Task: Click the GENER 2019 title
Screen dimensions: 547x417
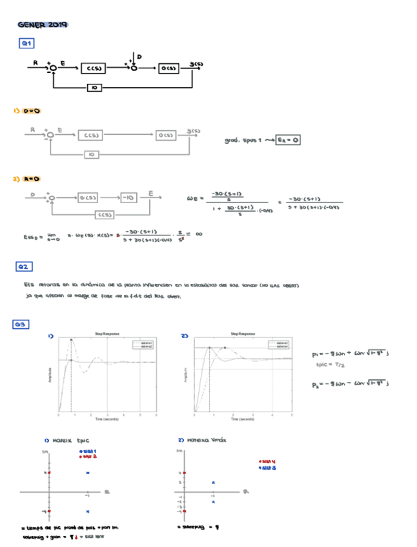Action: click(x=43, y=25)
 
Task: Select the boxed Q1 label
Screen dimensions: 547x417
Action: click(x=26, y=44)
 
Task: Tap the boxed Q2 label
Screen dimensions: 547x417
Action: click(x=25, y=266)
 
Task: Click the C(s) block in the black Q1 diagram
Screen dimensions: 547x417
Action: click(x=94, y=68)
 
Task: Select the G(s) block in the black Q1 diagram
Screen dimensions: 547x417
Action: click(x=169, y=68)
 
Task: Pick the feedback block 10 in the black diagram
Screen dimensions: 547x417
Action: click(x=94, y=87)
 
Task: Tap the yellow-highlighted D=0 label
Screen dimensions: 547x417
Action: click(x=32, y=111)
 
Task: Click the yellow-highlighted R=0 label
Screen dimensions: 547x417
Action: click(x=32, y=179)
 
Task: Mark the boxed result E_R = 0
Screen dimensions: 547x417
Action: click(x=289, y=139)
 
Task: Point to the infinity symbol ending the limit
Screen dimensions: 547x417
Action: click(x=199, y=235)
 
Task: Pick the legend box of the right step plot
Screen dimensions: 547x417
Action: click(x=278, y=344)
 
